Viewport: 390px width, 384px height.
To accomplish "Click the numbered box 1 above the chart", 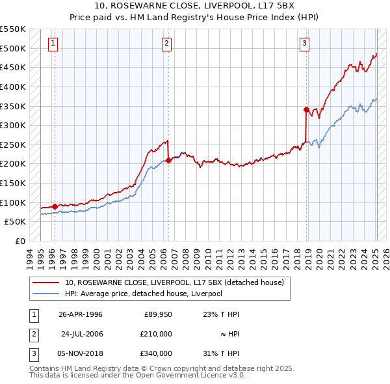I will [53, 44].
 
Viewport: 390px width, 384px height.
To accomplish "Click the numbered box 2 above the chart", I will [167, 44].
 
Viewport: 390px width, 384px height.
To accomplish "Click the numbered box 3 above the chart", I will [304, 44].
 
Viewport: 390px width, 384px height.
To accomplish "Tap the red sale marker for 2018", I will [306, 110].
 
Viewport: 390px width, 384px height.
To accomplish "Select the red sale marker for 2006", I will [168, 160].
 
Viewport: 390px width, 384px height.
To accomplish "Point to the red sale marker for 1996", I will [55, 206].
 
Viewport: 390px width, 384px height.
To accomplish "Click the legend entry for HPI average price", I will [143, 294].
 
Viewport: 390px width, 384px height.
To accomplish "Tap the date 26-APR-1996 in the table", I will [81, 314].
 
